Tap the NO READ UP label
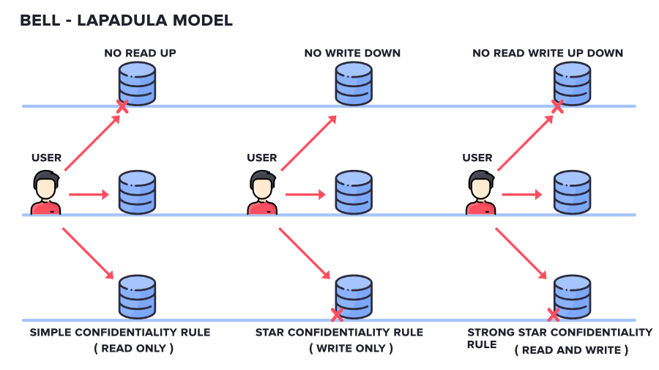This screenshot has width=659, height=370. tap(140, 53)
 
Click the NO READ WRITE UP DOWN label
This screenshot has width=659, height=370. tap(548, 53)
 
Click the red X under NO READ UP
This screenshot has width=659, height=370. tap(123, 107)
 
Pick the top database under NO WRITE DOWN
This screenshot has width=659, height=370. tap(354, 82)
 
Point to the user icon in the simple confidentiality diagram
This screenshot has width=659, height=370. tap(45, 193)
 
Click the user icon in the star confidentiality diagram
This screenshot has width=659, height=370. tap(262, 193)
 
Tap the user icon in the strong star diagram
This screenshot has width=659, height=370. tap(480, 193)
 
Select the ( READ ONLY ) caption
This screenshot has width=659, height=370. tap(133, 349)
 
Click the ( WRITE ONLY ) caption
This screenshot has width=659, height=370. tap(351, 349)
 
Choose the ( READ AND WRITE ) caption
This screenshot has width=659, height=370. tap(570, 350)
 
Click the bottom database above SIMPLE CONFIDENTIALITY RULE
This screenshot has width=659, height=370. tap(138, 296)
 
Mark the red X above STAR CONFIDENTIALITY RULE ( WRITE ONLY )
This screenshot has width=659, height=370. tap(338, 315)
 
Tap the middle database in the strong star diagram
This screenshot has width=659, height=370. tap(572, 192)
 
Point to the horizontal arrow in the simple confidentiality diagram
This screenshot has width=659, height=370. tap(89, 195)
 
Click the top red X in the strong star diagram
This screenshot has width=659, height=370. tap(557, 107)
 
